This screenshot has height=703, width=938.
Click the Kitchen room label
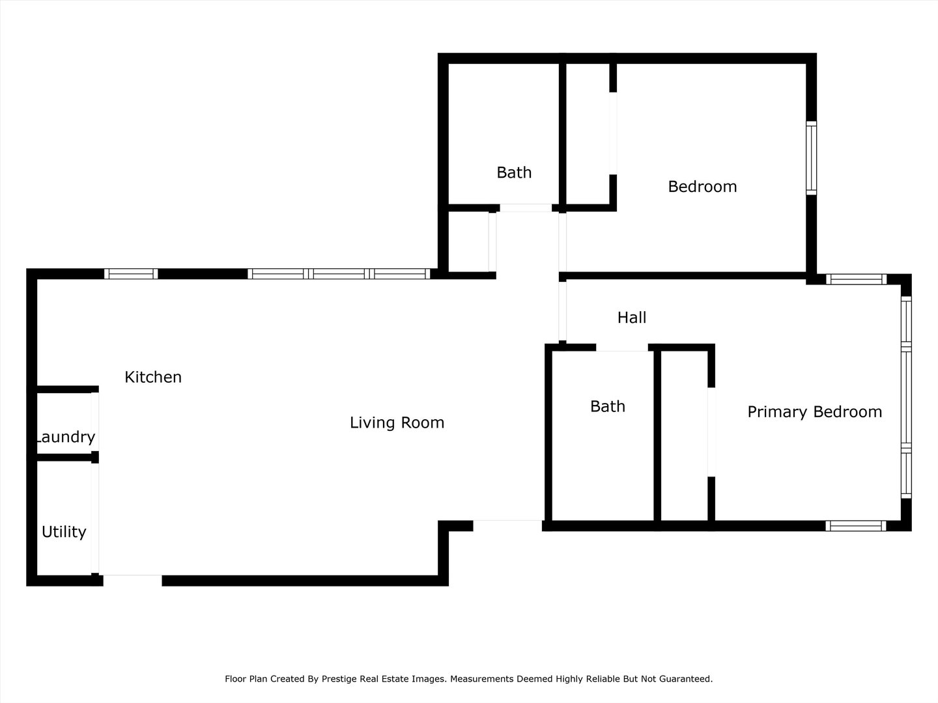coord(153,377)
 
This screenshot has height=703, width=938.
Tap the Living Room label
coord(397,422)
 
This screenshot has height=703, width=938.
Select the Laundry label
coord(64,437)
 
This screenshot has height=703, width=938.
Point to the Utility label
coord(64,532)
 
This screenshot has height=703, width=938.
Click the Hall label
coord(632,318)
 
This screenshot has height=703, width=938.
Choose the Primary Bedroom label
coord(814,412)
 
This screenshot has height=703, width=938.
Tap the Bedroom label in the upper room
coord(702,187)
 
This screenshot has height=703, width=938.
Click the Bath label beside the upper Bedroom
coord(514,172)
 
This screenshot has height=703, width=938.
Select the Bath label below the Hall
coord(608,406)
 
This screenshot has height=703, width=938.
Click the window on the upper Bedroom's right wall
coord(811,158)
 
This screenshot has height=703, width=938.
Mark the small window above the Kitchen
coord(131,274)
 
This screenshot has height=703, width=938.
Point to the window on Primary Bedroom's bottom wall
coord(856,525)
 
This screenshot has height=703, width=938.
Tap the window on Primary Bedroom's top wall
coord(856,279)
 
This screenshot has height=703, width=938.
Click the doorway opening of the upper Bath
coord(526,208)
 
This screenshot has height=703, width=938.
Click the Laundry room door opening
coord(95,421)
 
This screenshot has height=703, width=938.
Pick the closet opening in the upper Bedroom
coord(612,133)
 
